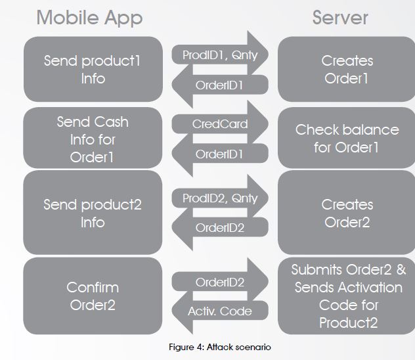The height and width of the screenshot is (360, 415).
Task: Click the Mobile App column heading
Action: tap(89, 18)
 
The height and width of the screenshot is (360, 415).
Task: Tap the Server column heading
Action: tap(340, 18)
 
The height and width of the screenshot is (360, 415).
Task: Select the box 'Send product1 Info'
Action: tap(93, 69)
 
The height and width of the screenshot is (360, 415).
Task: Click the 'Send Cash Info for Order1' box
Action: tap(93, 138)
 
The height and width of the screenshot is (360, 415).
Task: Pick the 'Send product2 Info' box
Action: tap(93, 213)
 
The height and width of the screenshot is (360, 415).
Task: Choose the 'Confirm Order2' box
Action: tap(93, 296)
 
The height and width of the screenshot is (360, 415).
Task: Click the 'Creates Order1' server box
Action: tap(347, 69)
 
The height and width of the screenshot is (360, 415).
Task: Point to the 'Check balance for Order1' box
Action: tap(347, 138)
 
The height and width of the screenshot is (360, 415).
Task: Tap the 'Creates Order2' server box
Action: tap(347, 213)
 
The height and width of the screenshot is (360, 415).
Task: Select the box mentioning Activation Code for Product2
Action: tap(347, 296)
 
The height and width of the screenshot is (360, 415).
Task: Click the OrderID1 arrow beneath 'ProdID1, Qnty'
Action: tap(220, 85)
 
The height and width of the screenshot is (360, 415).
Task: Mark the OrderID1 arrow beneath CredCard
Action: tap(220, 154)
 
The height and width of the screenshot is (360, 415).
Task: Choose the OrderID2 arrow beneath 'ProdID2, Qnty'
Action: tap(220, 227)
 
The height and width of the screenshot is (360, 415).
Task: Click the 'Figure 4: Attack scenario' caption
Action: tap(220, 347)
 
